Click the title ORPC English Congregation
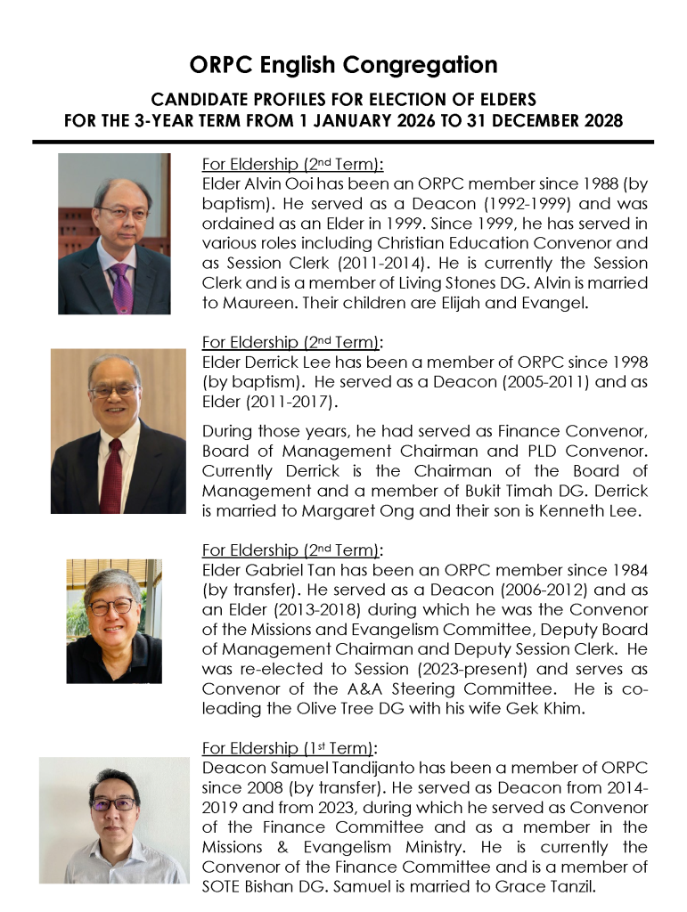pyautogui.click(x=343, y=65)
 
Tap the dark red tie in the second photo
pyautogui.click(x=111, y=472)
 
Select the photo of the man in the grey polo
pyautogui.click(x=114, y=621)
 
